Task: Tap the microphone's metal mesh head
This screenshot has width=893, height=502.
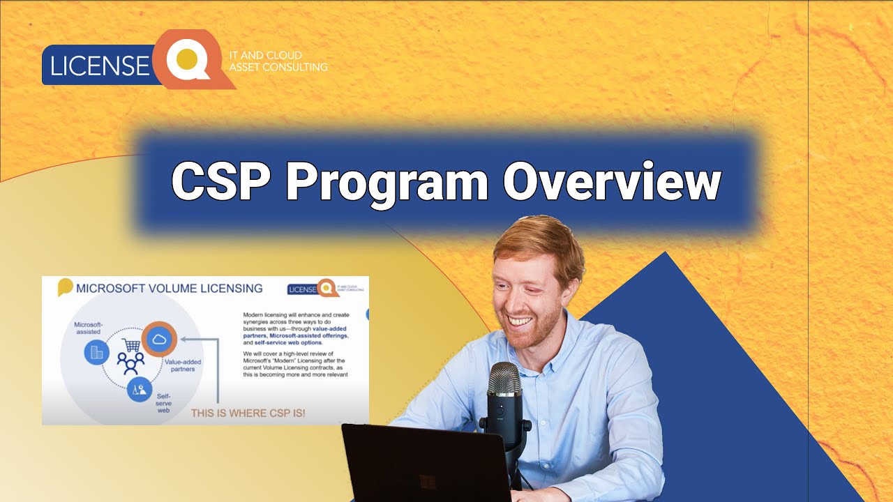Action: coord(504,380)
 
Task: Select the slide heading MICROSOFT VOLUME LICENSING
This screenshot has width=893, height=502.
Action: coord(170,288)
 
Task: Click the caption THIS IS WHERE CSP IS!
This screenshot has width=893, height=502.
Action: coord(248,413)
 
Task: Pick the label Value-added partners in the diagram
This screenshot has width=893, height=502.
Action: coord(180,365)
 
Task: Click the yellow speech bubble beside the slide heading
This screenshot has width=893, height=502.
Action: coord(65,287)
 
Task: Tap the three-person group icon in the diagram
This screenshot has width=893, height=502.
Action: coord(130,363)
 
